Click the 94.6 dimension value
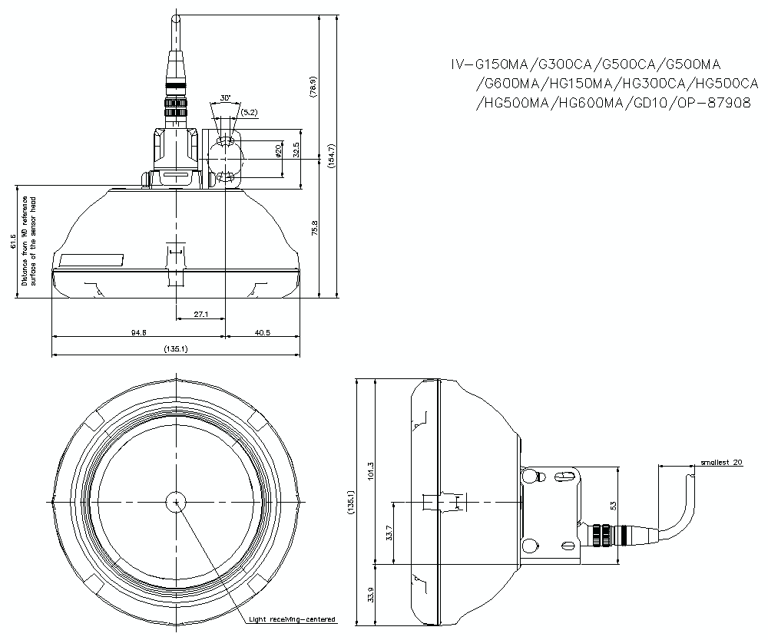click(x=138, y=332)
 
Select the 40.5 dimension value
click(x=262, y=332)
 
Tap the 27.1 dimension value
click(x=200, y=314)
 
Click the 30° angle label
click(x=225, y=98)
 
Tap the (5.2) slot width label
click(x=249, y=113)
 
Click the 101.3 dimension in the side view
click(x=370, y=470)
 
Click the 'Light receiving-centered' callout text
click(x=292, y=619)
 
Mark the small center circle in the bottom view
click(x=176, y=502)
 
